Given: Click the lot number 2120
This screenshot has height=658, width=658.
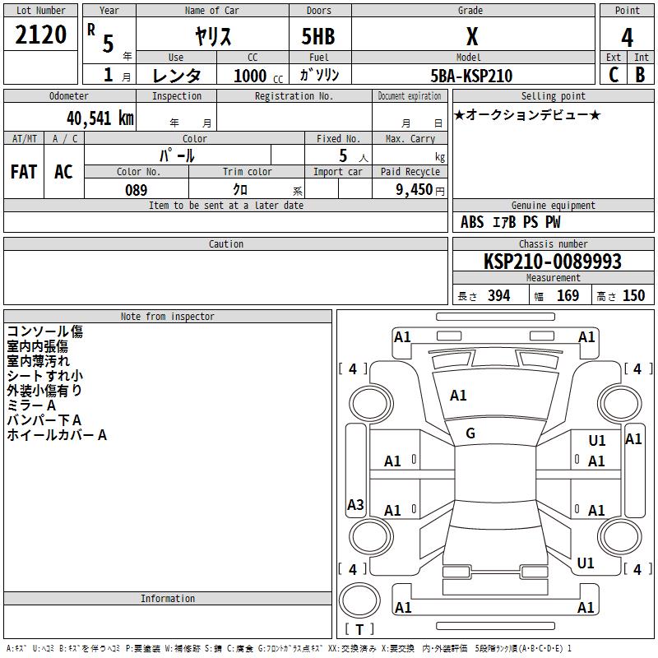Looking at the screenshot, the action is point(40,35).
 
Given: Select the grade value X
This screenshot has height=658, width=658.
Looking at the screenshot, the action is point(472,36).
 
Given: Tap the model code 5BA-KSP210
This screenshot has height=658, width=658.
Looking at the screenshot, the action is point(471,76).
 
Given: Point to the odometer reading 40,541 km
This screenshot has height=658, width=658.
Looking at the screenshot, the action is point(100,118).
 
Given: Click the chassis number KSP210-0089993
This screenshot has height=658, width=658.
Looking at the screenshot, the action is point(552,261).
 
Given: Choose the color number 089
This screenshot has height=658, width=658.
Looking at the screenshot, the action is point(136,190).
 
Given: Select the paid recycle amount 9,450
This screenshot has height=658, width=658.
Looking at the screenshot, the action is point(414,190).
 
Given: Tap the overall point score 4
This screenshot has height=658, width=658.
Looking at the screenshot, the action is point(627,37).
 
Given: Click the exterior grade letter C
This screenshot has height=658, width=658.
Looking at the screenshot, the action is point(614,75).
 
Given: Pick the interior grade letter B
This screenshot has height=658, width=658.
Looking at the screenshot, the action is point(640,75).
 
